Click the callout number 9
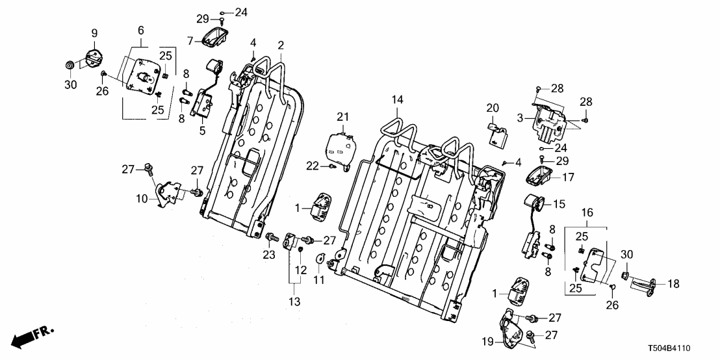(x=94, y=32)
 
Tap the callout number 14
(x=398, y=100)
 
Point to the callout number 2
(x=281, y=45)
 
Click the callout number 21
(x=343, y=116)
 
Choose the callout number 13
(x=294, y=301)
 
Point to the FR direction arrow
(x=33, y=337)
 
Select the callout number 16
(x=587, y=212)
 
